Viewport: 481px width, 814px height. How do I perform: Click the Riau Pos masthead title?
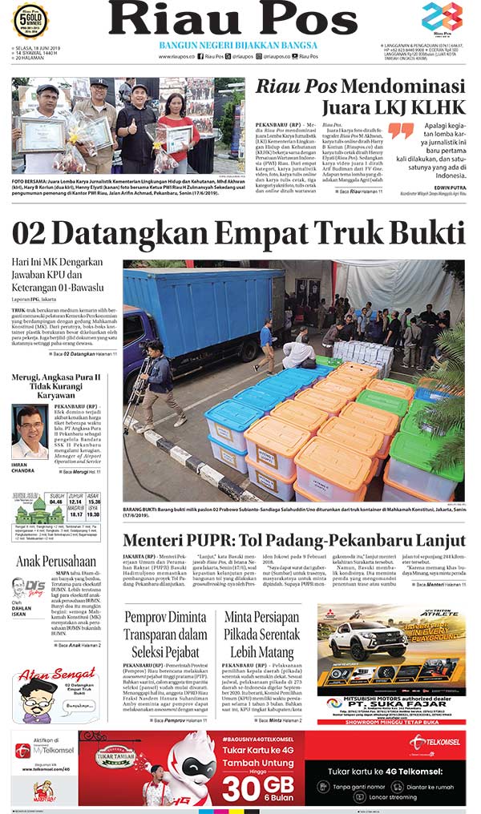[240, 20]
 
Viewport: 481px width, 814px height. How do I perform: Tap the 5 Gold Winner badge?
[30, 21]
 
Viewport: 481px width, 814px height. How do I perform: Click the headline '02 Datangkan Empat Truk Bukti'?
[238, 233]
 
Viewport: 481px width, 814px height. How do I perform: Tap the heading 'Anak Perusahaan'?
[56, 562]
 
